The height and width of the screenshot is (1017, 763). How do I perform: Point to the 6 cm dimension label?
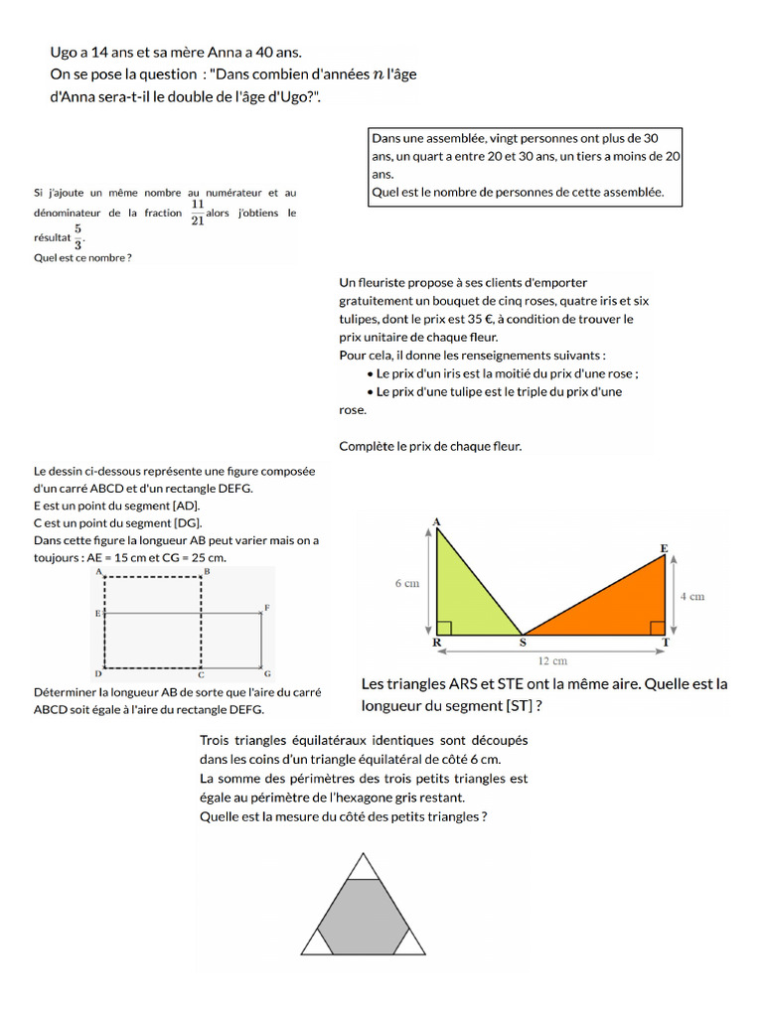(406, 584)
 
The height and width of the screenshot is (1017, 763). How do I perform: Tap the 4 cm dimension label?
(691, 596)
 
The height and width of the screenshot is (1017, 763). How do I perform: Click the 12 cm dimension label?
(552, 660)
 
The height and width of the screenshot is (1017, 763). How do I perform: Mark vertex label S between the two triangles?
(524, 644)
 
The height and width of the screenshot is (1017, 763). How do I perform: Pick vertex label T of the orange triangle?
(665, 643)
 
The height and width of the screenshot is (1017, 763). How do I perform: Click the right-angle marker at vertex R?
(443, 628)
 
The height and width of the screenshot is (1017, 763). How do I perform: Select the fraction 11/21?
(197, 213)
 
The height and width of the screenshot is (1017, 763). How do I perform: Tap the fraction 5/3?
(77, 237)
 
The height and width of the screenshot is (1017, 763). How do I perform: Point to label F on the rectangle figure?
(267, 607)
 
